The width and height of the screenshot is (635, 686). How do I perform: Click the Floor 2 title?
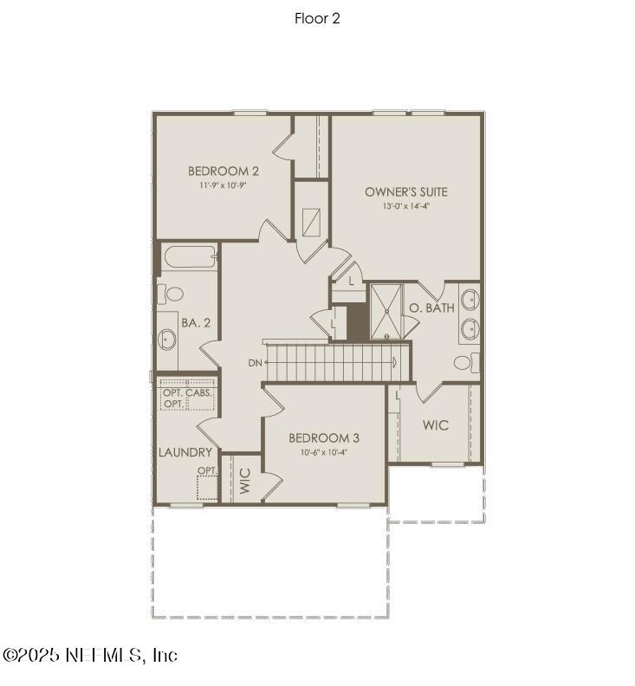click(317, 18)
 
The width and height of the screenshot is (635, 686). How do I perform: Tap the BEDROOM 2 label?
click(224, 171)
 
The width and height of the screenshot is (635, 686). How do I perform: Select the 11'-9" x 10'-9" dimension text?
click(224, 184)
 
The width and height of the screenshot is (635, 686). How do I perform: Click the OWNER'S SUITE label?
click(406, 191)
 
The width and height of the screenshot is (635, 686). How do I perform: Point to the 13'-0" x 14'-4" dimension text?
click(406, 206)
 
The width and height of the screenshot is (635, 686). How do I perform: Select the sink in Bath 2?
click(167, 338)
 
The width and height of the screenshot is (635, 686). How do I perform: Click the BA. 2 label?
click(196, 322)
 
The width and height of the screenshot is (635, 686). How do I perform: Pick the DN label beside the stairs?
click(255, 363)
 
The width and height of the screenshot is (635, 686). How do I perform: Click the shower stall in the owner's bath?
click(386, 311)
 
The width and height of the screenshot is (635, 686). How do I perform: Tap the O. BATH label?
click(431, 307)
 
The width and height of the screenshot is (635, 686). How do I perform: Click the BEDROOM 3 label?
click(324, 437)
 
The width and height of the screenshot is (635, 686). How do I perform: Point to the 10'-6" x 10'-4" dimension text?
click(324, 451)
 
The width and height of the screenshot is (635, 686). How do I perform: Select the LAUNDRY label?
click(185, 452)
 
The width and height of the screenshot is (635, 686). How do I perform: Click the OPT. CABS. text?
click(186, 393)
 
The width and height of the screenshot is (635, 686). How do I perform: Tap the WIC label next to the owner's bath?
click(435, 425)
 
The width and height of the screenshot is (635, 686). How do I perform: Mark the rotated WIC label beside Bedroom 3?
click(245, 481)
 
